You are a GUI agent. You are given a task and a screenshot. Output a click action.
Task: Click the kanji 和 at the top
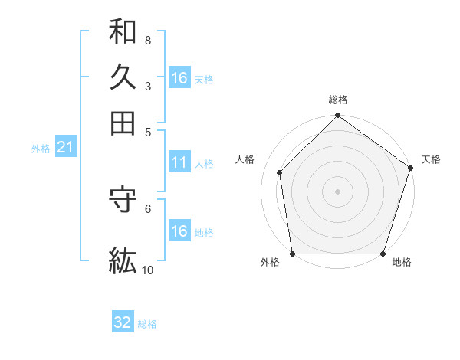(123, 32)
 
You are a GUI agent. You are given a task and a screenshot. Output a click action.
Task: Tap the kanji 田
(123, 123)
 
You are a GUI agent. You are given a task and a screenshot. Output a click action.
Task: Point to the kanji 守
(123, 200)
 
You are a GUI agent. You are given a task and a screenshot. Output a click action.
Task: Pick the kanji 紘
(123, 260)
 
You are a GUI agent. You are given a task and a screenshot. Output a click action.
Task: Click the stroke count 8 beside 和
(147, 40)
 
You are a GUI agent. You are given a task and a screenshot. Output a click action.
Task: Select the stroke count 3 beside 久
(147, 86)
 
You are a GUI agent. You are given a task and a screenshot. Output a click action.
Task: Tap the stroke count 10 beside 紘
(148, 269)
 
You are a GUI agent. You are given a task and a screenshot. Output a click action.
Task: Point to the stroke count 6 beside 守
(147, 208)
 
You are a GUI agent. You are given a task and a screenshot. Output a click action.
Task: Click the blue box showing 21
(65, 148)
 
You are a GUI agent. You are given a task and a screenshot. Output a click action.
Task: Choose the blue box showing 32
(123, 322)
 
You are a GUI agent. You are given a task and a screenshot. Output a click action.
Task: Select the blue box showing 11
(179, 162)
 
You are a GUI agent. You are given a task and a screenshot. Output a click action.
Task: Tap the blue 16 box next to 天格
(179, 78)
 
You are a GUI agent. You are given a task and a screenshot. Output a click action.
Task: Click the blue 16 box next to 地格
(179, 231)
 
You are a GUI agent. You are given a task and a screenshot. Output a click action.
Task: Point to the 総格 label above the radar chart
(338, 100)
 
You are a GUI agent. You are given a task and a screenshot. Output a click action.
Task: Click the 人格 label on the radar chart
(245, 159)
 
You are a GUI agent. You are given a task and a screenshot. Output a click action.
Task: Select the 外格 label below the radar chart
(270, 263)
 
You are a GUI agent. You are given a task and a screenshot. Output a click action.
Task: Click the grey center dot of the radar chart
(338, 191)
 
